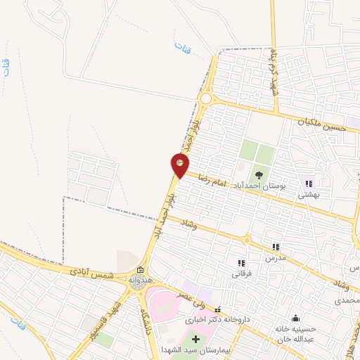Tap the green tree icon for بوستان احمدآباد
[259, 175]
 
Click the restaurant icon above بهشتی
[308, 184]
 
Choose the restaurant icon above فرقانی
[242, 262]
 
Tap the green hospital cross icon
[195, 340]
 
